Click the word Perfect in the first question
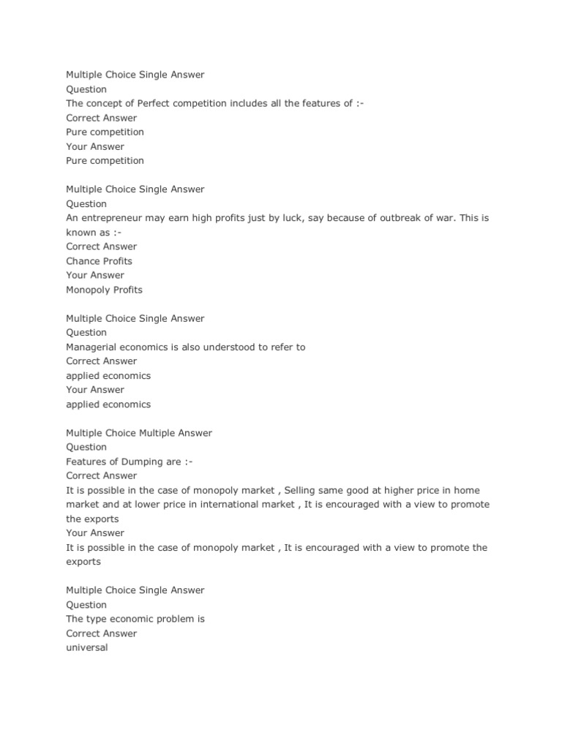tap(154, 104)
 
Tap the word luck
tap(290, 218)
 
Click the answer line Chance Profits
tap(99, 261)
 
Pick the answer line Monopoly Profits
tap(104, 290)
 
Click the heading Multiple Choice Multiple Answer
tap(139, 433)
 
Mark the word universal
tap(86, 647)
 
